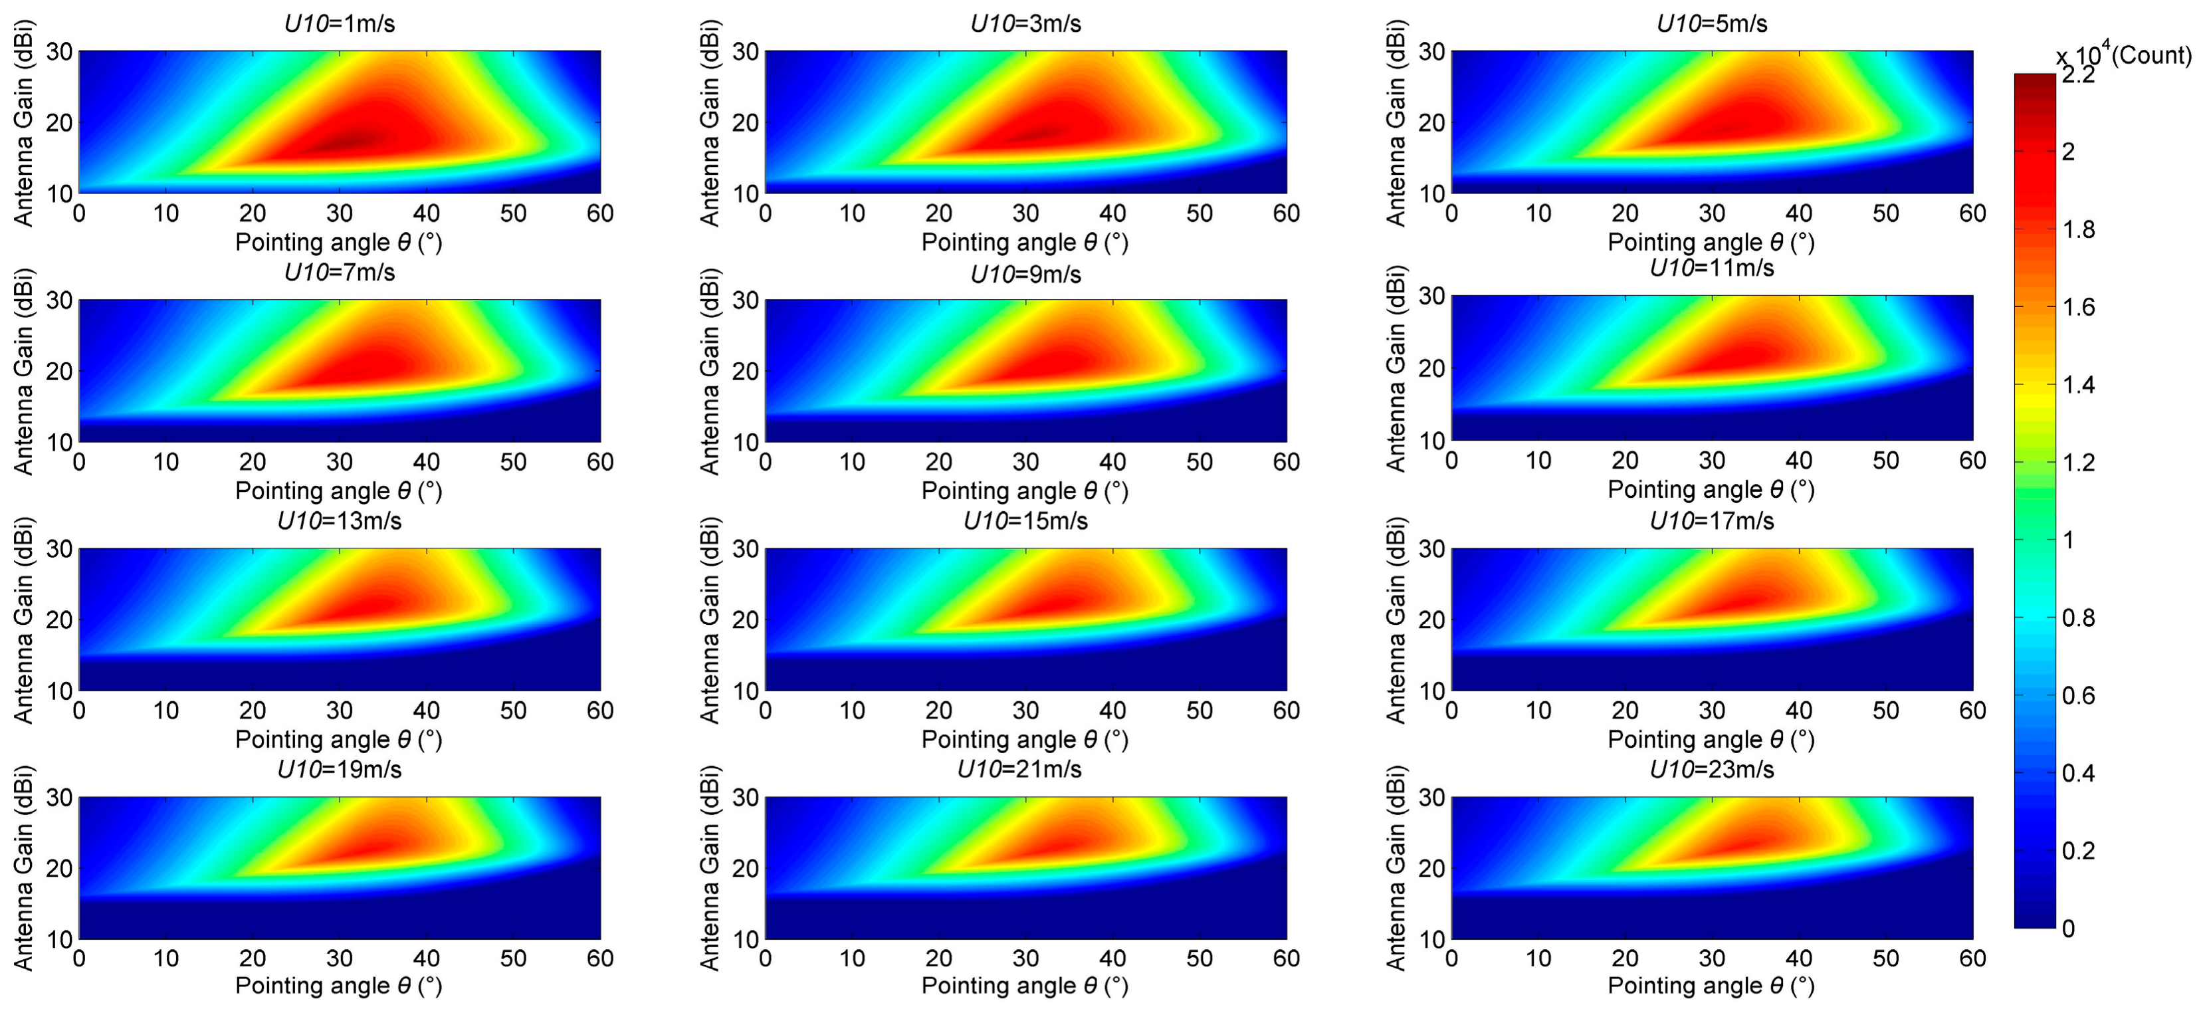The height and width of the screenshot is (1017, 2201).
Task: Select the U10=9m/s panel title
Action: (1025, 275)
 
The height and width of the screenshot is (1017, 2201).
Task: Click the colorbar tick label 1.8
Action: (2078, 230)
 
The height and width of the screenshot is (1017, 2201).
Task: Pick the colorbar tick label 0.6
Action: (2078, 696)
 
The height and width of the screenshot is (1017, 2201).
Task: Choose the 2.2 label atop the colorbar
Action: (2078, 75)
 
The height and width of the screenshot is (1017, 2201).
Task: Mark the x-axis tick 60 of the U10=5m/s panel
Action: (1972, 213)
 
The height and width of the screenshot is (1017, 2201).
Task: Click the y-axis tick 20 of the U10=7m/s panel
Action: (59, 372)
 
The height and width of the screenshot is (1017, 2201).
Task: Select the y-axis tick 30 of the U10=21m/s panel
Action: (745, 798)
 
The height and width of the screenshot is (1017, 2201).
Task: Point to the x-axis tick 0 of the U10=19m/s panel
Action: (80, 958)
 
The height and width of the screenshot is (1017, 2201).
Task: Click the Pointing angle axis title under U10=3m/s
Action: (1025, 243)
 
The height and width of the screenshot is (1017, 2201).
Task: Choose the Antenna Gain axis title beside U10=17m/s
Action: (1396, 620)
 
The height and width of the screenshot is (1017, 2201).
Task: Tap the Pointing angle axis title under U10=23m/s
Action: (1711, 986)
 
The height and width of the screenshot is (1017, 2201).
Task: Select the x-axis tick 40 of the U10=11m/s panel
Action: (1798, 461)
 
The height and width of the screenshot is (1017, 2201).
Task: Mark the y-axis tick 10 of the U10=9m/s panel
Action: (745, 442)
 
